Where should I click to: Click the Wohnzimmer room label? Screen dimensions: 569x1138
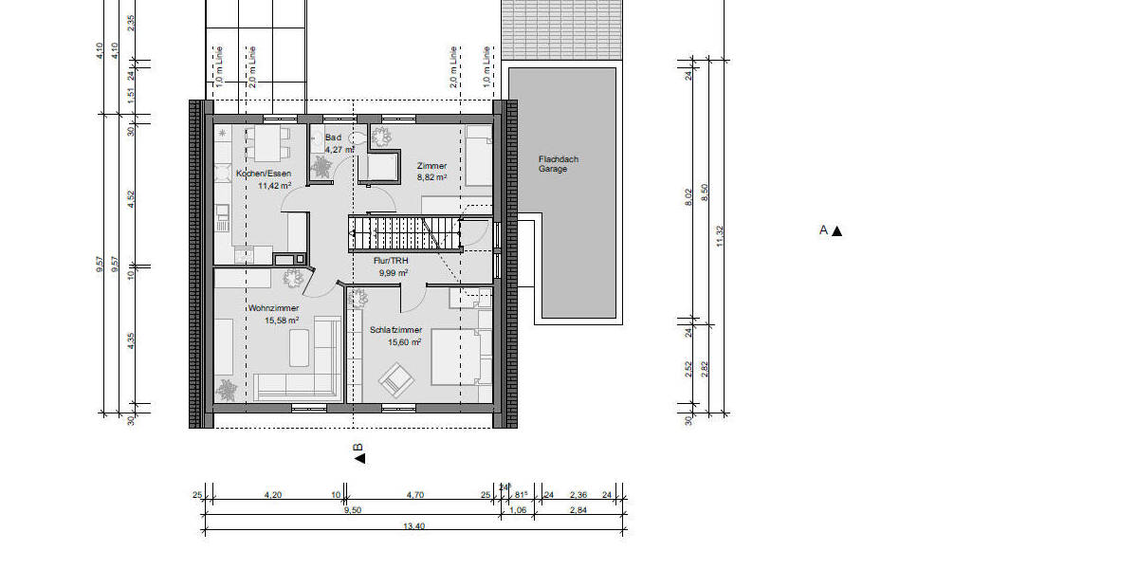(x=273, y=308)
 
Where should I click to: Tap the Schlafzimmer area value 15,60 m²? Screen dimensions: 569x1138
(x=392, y=342)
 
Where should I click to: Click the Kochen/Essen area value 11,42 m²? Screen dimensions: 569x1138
(x=274, y=186)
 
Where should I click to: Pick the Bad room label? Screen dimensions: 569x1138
(x=332, y=138)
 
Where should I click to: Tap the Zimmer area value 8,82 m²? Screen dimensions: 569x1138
(x=431, y=177)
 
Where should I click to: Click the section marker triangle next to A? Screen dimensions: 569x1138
(x=836, y=230)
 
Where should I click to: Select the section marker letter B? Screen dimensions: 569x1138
(x=358, y=448)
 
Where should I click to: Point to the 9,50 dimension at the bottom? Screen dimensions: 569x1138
(x=352, y=510)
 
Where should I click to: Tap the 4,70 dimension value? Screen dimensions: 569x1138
(x=415, y=494)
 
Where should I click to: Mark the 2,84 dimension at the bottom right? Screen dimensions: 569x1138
(x=578, y=510)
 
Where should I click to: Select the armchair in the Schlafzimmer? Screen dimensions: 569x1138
(x=396, y=380)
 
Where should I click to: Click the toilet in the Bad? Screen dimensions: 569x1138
(x=358, y=138)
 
